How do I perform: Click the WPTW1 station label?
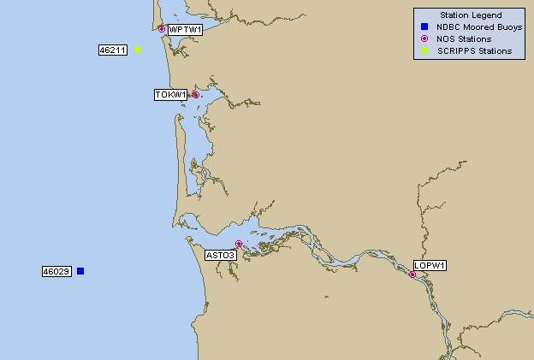pos(185,30)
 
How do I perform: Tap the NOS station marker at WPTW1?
pos(162,29)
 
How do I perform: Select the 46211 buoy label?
pos(112,50)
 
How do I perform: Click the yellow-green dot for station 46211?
pos(138,50)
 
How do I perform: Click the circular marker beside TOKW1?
pos(195,95)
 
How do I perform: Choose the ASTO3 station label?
pos(221,255)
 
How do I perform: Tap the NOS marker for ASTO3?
pos(239,245)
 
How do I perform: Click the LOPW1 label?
pos(430,265)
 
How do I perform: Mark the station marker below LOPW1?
pos(412,274)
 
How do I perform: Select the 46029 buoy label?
pos(56,272)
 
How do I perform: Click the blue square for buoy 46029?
pos(80,271)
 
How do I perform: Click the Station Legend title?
pos(470,15)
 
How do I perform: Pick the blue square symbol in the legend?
pos(424,27)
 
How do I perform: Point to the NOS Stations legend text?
pos(463,38)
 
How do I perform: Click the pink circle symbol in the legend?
pos(424,38)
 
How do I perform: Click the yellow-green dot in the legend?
pos(424,51)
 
